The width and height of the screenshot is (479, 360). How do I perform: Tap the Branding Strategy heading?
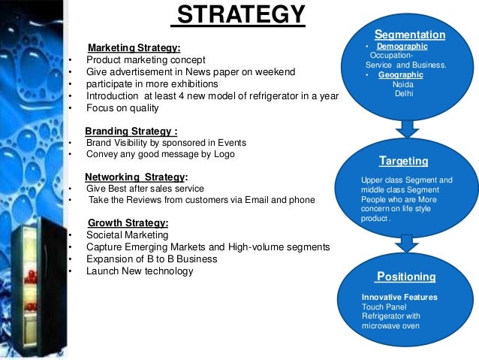point(131,129)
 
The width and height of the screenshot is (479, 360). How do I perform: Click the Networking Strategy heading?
point(136,177)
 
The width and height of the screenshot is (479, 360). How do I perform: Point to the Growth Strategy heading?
point(128,222)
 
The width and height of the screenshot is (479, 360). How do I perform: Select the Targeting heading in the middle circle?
point(404,161)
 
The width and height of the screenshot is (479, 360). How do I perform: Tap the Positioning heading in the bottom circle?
point(406,277)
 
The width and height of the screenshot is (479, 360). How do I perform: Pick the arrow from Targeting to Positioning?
point(406,243)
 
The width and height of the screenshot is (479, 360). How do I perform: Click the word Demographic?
point(402,47)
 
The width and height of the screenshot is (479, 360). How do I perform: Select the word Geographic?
point(400,75)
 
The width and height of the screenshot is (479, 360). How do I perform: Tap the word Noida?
point(402,84)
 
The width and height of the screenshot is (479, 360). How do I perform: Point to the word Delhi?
point(403,93)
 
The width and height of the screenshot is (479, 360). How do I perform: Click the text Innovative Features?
point(399,298)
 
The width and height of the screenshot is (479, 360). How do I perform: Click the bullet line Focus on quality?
point(122,107)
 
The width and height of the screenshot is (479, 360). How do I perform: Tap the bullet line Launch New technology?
point(140,271)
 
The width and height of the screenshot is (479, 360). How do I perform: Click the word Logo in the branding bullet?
point(224,154)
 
